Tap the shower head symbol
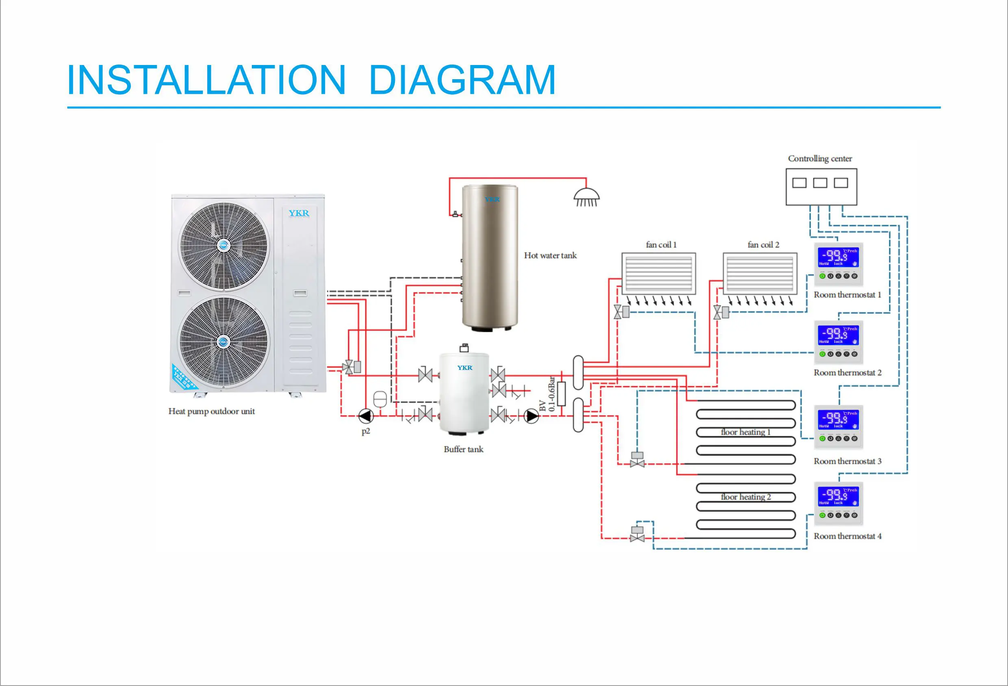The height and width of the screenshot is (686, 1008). (586, 197)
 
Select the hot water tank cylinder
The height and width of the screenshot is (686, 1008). (490, 256)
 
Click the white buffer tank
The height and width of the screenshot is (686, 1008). (464, 392)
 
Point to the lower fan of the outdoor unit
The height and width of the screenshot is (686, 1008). (223, 342)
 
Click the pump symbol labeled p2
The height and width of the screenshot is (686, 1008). (366, 416)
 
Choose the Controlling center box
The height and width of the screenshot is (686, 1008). (821, 186)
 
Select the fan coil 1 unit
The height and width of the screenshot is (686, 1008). (659, 274)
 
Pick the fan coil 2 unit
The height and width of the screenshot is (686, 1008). (759, 274)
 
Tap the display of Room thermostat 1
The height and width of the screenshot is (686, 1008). (838, 257)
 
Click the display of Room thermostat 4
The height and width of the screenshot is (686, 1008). (838, 496)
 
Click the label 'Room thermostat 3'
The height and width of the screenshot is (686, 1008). (847, 461)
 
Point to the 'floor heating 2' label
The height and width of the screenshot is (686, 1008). (746, 497)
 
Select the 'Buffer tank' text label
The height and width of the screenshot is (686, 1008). (463, 449)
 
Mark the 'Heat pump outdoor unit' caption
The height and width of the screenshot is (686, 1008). (211, 411)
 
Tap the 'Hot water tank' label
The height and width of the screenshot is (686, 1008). (550, 255)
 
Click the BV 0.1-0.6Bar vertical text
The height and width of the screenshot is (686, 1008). (547, 394)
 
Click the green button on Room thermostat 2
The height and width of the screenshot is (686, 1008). (822, 354)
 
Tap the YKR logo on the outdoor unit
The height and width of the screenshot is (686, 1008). (299, 213)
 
